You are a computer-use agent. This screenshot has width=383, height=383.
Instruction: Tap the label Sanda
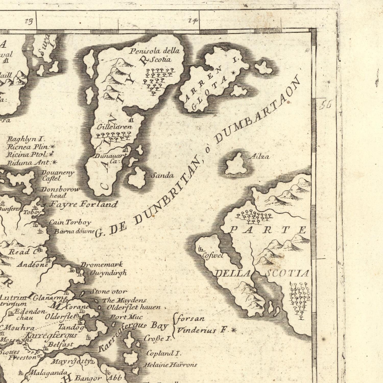coord(163,175)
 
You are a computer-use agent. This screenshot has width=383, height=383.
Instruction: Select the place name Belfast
coord(61,344)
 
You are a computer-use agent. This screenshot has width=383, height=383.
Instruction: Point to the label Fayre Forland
coord(84,204)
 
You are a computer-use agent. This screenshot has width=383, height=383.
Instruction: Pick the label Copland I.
coord(164,354)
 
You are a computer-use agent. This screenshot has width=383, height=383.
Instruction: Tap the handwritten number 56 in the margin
coord(325,105)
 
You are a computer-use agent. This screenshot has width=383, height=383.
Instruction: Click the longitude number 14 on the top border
coord(193,21)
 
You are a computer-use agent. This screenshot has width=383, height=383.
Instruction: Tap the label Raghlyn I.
coord(26,139)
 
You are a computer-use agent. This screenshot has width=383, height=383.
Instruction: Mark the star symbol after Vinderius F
coord(233,330)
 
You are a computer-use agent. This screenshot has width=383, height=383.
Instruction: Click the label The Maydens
coord(124,300)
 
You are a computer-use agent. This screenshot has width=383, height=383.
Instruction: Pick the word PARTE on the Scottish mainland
coord(268,230)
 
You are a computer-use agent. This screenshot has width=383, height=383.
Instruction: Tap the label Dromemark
coord(102,265)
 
